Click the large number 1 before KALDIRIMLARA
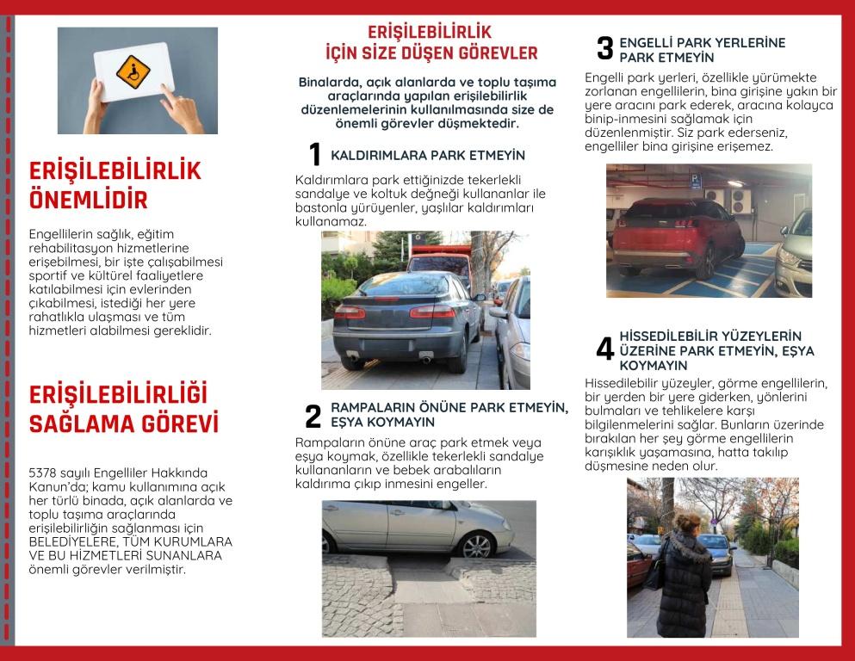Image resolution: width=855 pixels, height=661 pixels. [x=315, y=155]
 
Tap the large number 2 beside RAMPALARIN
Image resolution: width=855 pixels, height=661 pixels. [x=313, y=417]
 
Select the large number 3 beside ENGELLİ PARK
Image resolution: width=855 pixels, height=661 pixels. [x=605, y=49]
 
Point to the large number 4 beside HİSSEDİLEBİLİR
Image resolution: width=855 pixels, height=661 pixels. [x=605, y=349]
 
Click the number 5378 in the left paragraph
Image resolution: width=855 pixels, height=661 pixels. [x=44, y=473]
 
